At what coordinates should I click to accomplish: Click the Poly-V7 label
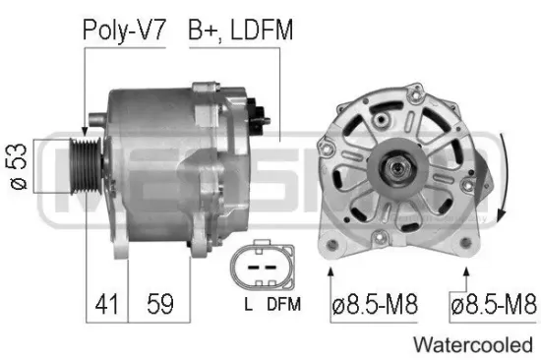click(124, 30)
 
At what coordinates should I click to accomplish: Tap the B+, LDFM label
click(240, 30)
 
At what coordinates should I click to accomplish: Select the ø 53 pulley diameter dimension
click(18, 166)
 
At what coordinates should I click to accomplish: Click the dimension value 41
click(106, 304)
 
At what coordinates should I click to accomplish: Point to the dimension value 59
click(160, 304)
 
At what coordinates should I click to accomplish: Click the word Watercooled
click(473, 345)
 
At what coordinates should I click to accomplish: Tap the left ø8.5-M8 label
click(375, 304)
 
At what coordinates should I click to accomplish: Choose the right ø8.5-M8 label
click(494, 304)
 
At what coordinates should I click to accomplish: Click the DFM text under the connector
click(284, 304)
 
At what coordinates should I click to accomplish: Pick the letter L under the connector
click(248, 304)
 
